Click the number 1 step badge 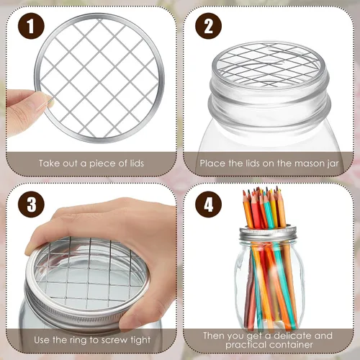[31, 26]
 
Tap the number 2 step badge [208, 26]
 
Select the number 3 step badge [31, 204]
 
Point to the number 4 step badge [208, 204]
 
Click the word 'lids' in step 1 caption [137, 163]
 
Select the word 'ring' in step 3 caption [78, 341]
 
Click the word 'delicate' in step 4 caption [292, 336]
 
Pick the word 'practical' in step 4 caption [246, 345]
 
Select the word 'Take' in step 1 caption [49, 163]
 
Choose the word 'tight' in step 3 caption [140, 341]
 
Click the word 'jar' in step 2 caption [333, 163]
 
